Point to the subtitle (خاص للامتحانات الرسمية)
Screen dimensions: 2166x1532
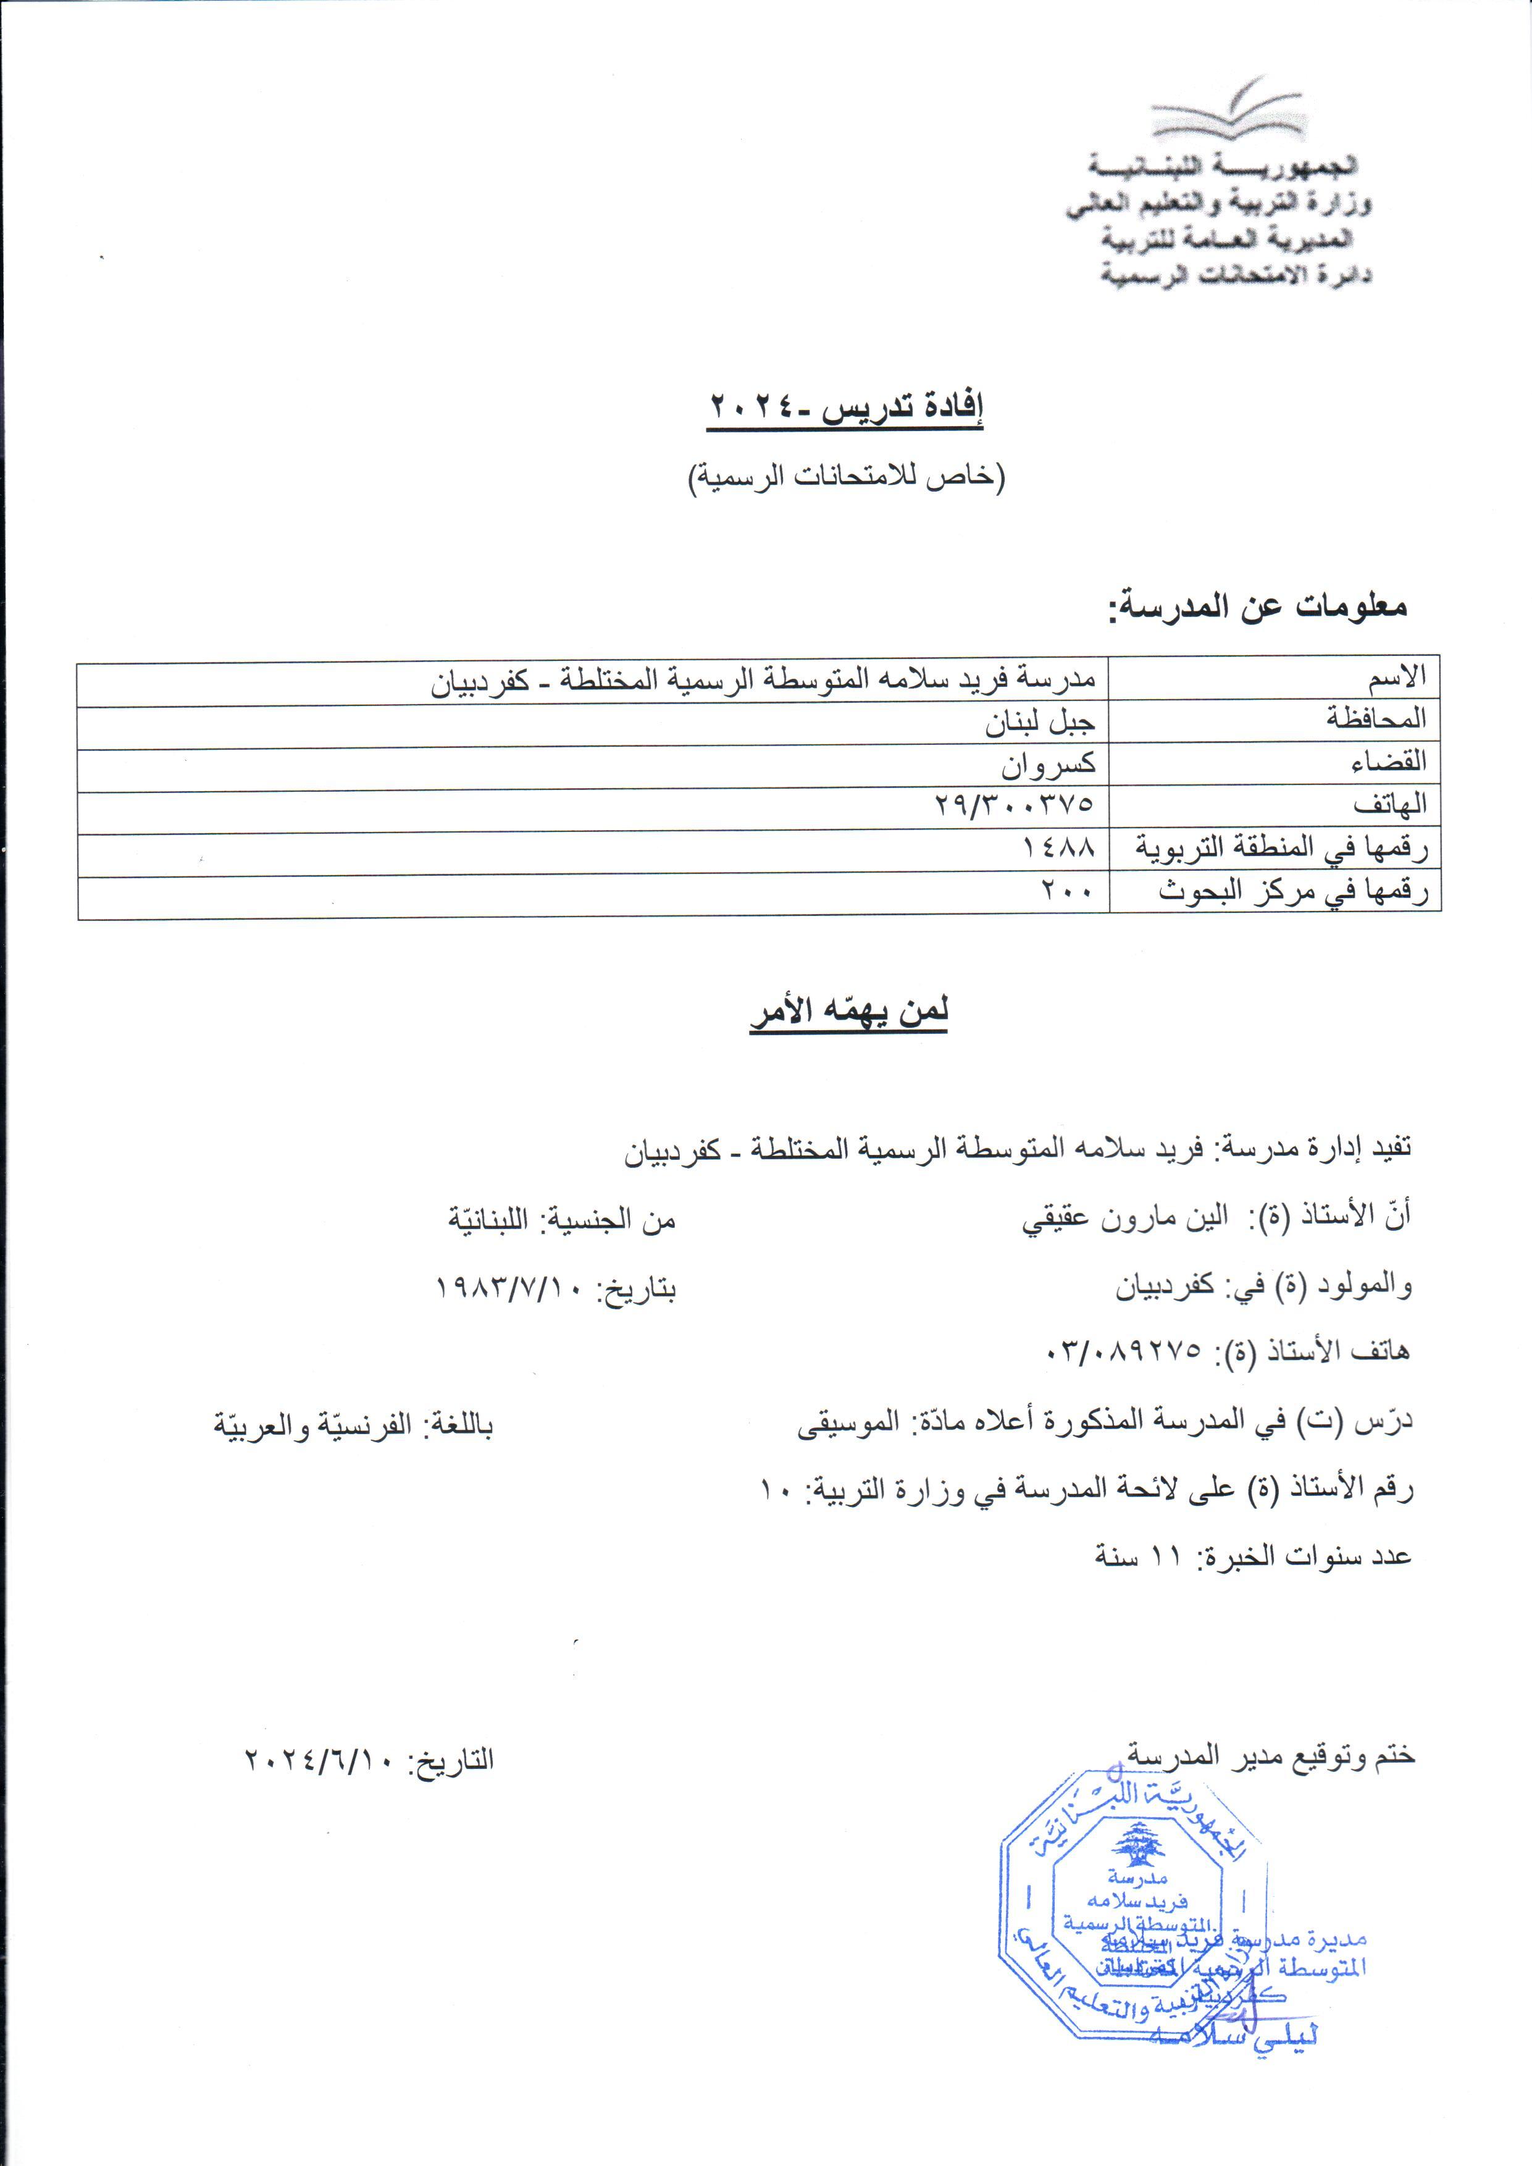[x=845, y=476]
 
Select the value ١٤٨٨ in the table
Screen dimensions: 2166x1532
[x=1060, y=847]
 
